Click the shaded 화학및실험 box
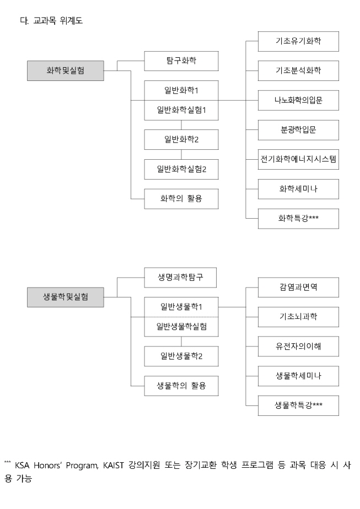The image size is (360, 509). pyautogui.click(x=65, y=71)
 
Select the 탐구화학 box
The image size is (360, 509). pyautogui.click(x=181, y=61)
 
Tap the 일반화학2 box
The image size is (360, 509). pyautogui.click(x=181, y=139)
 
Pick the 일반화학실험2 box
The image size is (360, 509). pyautogui.click(x=181, y=169)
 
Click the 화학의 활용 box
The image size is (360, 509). pyautogui.click(x=181, y=199)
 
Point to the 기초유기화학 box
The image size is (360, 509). pyautogui.click(x=298, y=41)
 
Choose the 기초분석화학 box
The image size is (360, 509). pyautogui.click(x=298, y=71)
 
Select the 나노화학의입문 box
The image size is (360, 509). pyautogui.click(x=298, y=100)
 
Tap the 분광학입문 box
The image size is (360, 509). pyautogui.click(x=298, y=130)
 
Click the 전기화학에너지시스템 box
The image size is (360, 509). pyautogui.click(x=298, y=159)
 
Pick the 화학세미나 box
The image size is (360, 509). pyautogui.click(x=298, y=189)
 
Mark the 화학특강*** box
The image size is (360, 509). pyautogui.click(x=298, y=219)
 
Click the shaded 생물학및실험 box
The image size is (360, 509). pyautogui.click(x=65, y=297)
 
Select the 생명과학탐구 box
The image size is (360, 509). pyautogui.click(x=180, y=278)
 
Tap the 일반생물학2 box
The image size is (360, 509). pyautogui.click(x=181, y=356)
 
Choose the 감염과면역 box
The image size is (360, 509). pyautogui.click(x=298, y=288)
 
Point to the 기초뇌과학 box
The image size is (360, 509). pyautogui.click(x=298, y=317)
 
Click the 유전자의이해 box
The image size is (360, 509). pyautogui.click(x=298, y=346)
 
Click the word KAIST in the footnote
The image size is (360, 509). pyautogui.click(x=114, y=465)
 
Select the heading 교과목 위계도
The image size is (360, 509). pyautogui.click(x=58, y=21)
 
